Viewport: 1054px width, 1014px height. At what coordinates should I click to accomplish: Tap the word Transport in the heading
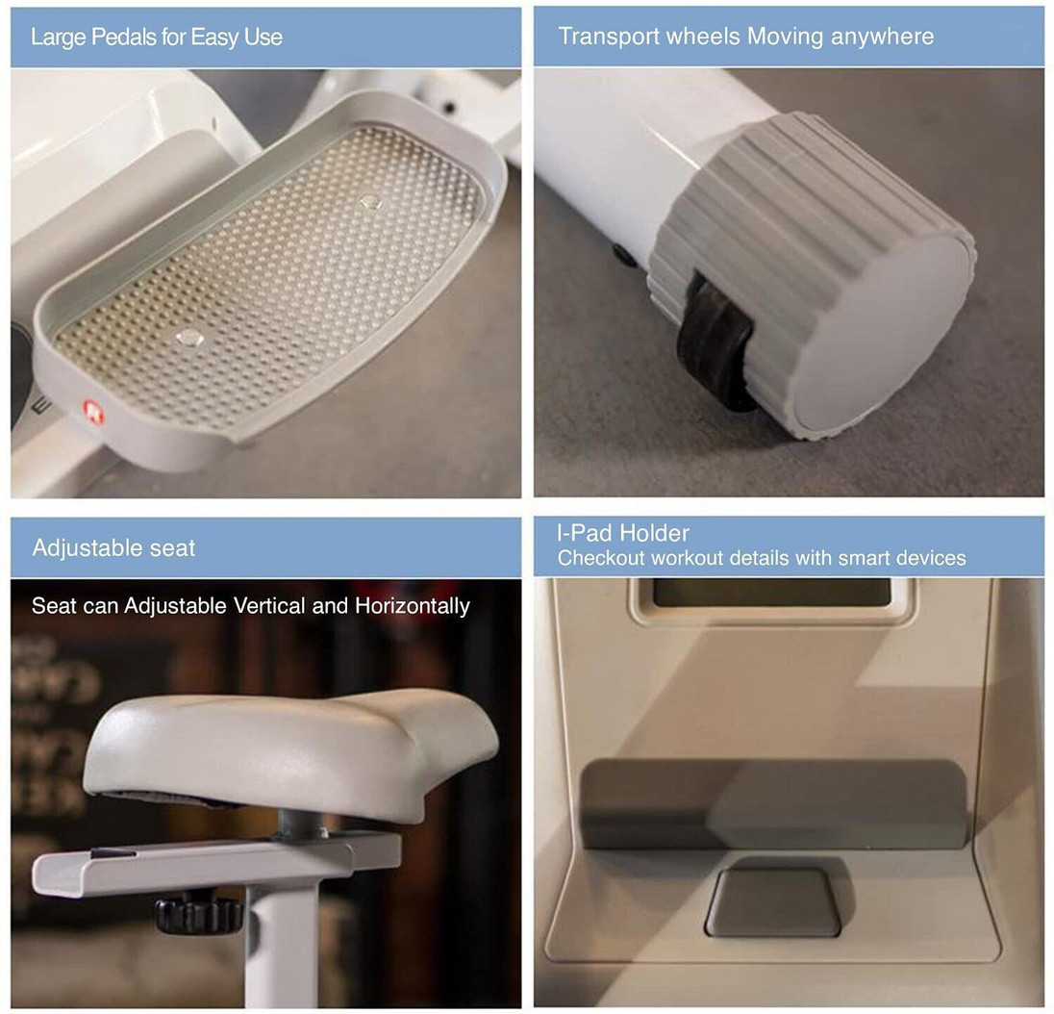615,36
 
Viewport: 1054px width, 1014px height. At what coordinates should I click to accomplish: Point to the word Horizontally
412,606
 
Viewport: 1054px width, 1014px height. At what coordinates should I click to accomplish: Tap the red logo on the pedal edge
92,412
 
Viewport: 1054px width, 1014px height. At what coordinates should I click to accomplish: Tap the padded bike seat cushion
290,748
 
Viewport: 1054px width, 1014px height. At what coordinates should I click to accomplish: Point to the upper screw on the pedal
369,201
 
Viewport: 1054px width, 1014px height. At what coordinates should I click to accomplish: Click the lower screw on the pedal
189,338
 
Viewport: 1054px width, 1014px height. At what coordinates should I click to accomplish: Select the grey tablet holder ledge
773,804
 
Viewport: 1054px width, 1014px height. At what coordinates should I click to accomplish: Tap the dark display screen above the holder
771,593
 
